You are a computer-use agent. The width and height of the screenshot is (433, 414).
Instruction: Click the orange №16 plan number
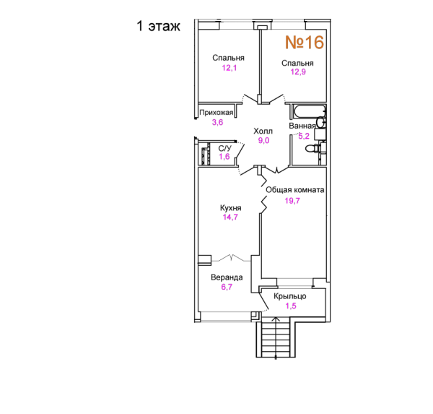point(305,43)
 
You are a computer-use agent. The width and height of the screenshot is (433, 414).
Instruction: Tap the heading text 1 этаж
point(159,26)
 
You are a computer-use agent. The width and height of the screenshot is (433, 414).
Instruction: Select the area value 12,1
point(229,68)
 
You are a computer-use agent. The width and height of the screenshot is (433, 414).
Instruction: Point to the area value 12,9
point(298,72)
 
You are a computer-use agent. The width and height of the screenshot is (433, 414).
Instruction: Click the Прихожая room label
point(216,113)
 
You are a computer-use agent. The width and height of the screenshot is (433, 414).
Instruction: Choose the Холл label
point(263,131)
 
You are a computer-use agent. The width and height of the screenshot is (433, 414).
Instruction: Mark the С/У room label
point(224,149)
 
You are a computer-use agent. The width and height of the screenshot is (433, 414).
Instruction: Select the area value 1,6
point(224,157)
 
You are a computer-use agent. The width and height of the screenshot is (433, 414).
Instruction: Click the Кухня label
point(231,207)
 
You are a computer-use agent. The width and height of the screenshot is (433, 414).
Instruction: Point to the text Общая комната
point(295,190)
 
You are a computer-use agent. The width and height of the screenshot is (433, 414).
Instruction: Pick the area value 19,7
point(292,201)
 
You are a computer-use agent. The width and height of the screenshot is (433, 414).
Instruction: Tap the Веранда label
point(227,277)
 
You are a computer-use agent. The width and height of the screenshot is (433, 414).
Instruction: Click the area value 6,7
point(227,287)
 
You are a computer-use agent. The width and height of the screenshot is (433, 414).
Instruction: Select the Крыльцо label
point(290,296)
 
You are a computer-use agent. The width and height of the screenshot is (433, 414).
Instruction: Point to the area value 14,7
point(230,217)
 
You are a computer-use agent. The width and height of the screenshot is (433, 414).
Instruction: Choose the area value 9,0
point(263,140)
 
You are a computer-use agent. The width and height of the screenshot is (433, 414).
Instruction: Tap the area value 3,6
point(218,122)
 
